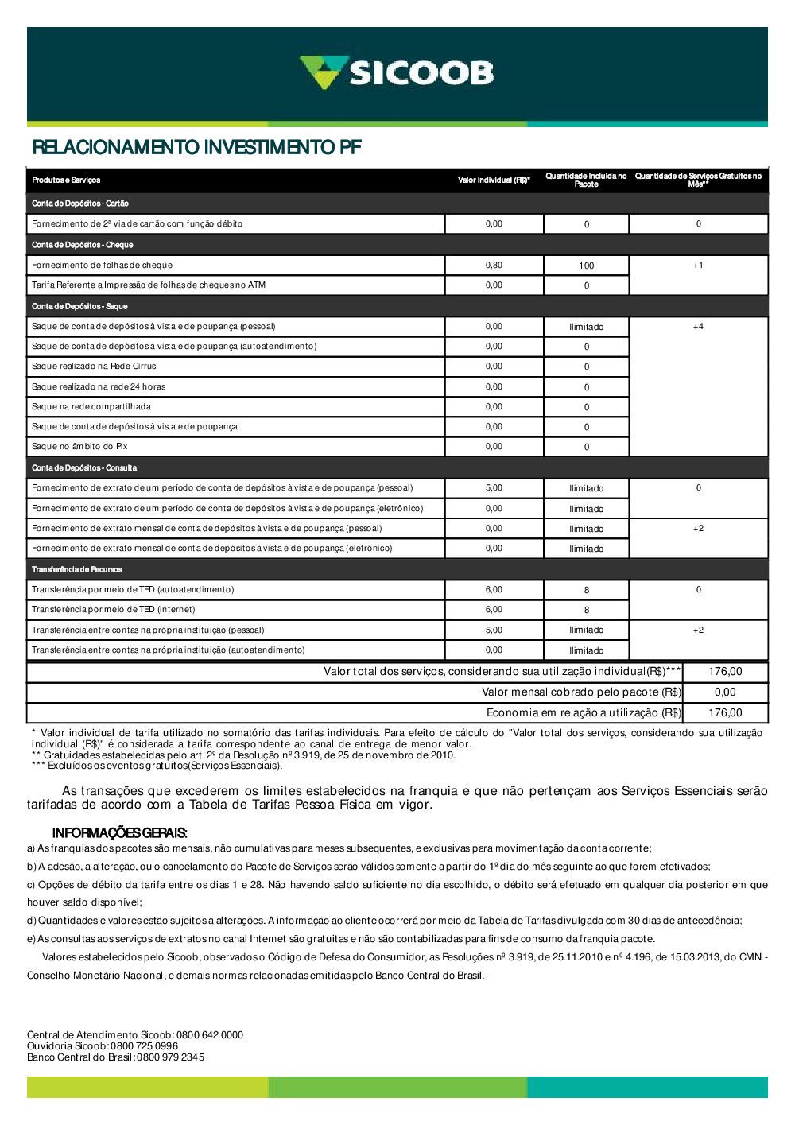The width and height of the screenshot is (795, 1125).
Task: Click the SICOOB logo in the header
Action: tap(397, 72)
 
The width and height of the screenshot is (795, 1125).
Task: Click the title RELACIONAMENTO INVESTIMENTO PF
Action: tap(196, 147)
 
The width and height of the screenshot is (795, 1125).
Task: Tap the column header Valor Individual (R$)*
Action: tap(494, 180)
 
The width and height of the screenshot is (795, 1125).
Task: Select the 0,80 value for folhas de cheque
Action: tap(494, 266)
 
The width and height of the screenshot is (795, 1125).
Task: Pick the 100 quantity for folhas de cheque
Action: tap(587, 266)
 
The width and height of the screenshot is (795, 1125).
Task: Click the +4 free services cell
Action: tap(698, 327)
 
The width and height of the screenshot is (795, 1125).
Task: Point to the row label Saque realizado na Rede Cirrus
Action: tap(94, 367)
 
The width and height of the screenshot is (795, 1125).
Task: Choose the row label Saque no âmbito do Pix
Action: tap(79, 447)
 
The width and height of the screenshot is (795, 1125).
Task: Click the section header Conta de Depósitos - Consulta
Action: tap(84, 468)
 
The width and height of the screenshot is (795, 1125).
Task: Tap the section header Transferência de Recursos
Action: tap(77, 569)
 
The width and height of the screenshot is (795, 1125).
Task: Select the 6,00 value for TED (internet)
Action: tap(494, 610)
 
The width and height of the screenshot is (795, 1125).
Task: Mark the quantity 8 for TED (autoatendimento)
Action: tap(587, 590)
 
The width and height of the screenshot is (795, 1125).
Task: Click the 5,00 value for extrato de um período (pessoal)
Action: tap(494, 488)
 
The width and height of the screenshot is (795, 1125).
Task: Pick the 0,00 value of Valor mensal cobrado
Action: tap(725, 692)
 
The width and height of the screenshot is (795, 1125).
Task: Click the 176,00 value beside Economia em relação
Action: tap(725, 713)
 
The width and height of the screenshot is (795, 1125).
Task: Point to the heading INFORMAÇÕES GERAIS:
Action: tap(119, 833)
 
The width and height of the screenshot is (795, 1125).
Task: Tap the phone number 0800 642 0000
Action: tap(210, 1035)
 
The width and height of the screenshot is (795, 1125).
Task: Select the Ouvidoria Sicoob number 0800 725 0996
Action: tap(144, 1046)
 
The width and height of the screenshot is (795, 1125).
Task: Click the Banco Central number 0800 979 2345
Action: tap(170, 1057)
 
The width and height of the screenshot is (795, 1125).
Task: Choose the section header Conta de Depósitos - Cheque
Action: tap(83, 245)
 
